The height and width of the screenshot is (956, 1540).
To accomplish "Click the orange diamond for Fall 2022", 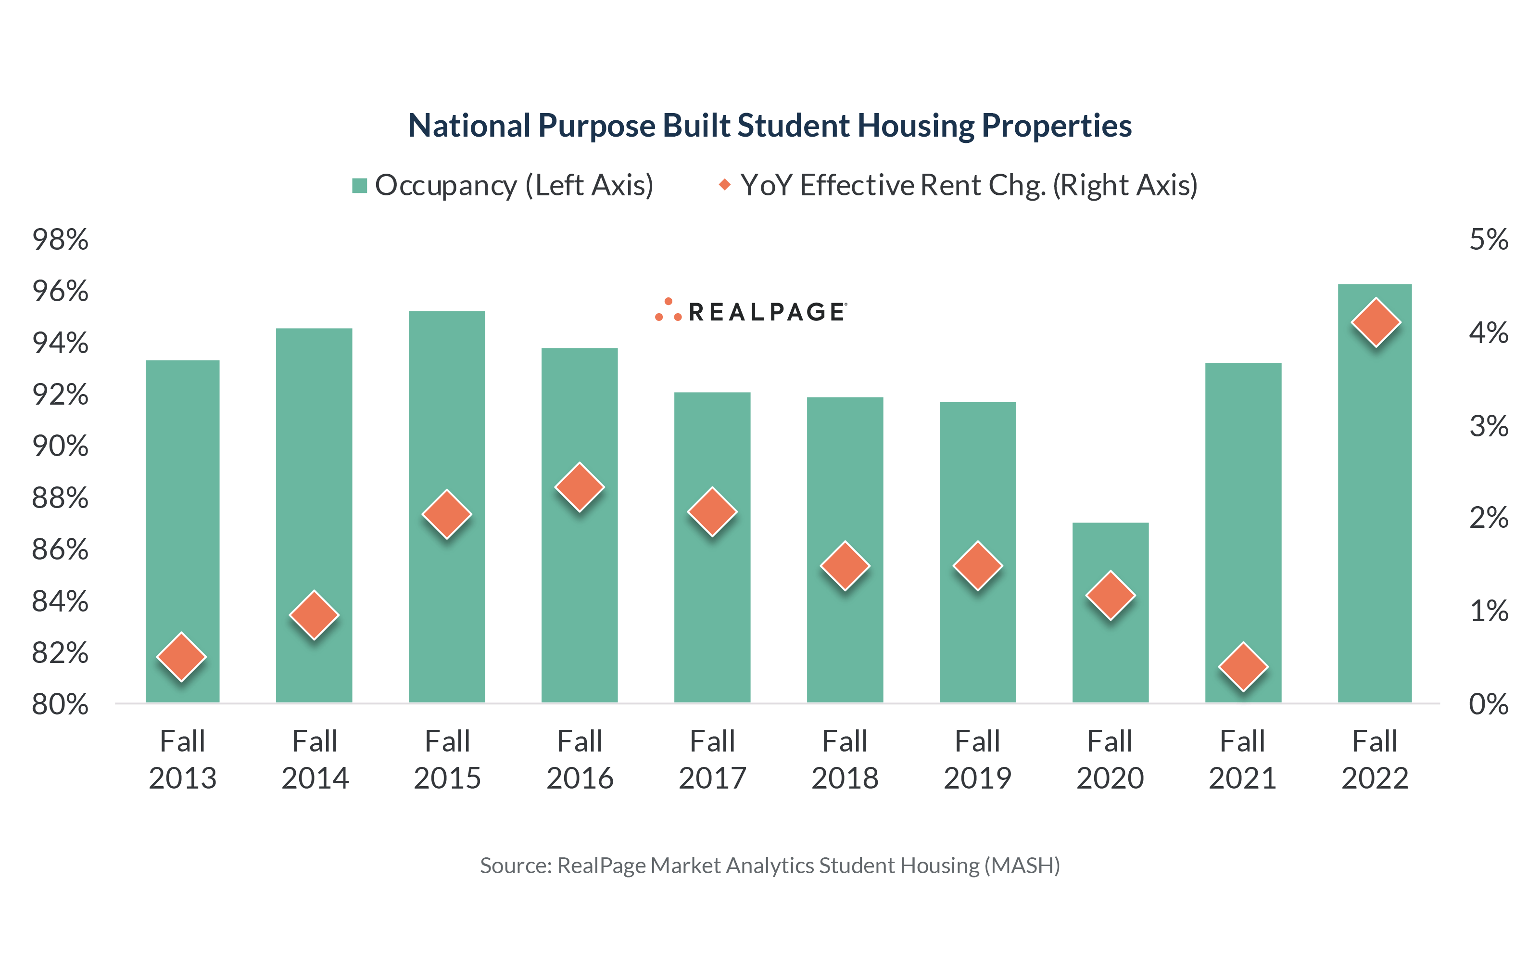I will point(1375,322).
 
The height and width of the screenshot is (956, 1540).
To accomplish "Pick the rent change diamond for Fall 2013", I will point(181,657).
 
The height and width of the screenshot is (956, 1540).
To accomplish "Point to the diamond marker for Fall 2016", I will point(580,487).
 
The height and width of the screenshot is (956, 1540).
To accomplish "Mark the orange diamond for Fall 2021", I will point(1242,667).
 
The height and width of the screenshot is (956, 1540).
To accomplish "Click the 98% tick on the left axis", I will point(60,240).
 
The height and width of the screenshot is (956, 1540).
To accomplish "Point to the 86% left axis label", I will point(60,549).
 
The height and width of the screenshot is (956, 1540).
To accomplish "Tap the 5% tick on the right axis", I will point(1488,240).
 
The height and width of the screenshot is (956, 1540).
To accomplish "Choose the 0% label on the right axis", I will point(1488,704).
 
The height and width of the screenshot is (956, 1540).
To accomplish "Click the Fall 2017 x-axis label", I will point(712,759).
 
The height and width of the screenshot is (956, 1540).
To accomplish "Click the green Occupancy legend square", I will point(360,186).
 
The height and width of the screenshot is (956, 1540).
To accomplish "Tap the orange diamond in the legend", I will point(725,185).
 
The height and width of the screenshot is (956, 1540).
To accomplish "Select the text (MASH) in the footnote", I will point(1022,866).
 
